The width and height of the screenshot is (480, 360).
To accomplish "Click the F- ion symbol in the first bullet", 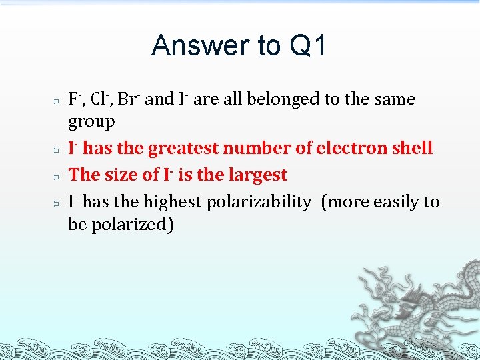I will pos(75,99).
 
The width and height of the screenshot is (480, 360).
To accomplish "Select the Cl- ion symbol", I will pos(100,99).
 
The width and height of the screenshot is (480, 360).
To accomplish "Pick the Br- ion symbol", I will pos(128,99).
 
